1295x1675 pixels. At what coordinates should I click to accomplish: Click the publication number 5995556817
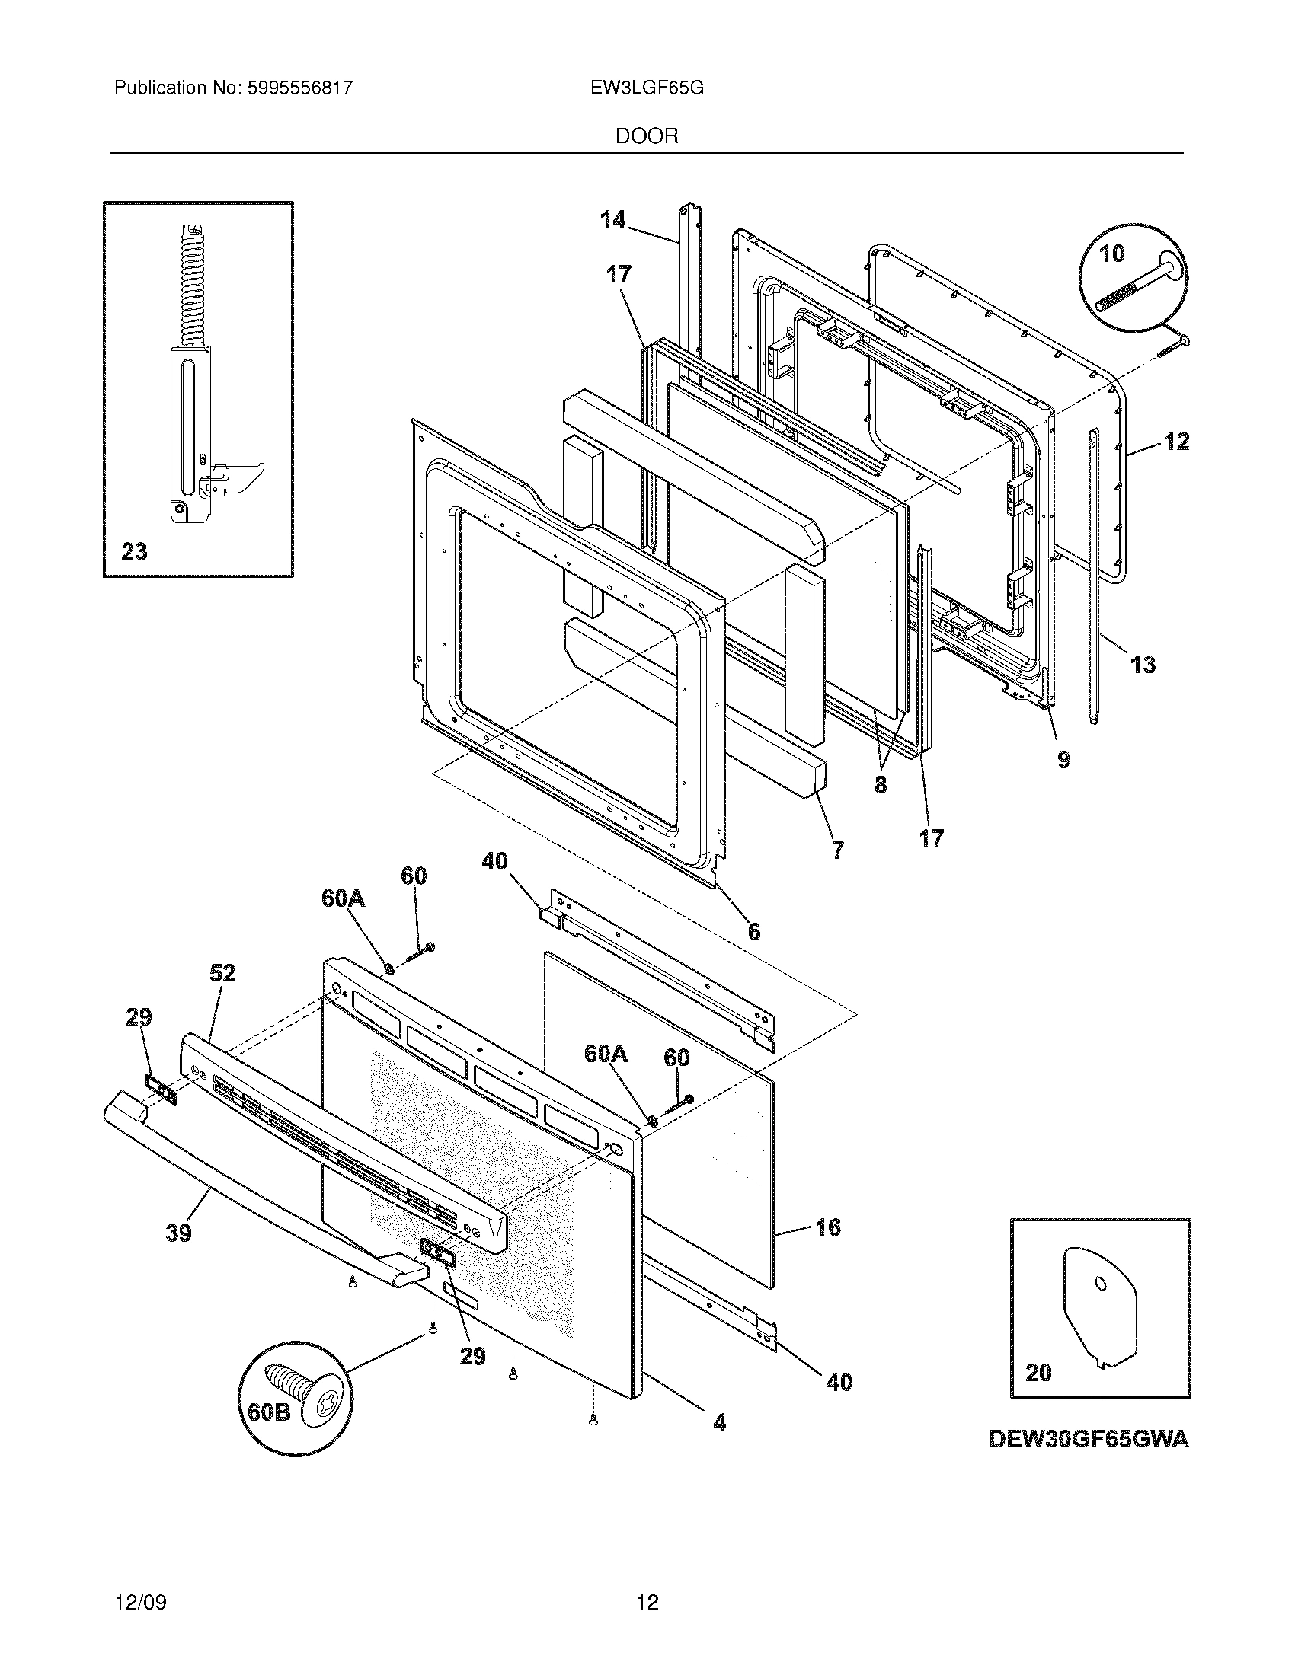tap(299, 88)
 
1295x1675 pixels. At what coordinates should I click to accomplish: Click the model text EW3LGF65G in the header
tap(647, 88)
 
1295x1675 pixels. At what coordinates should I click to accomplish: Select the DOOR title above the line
tap(647, 136)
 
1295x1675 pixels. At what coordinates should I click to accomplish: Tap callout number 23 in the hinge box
tap(134, 551)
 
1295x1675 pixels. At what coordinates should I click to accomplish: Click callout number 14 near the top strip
tap(612, 221)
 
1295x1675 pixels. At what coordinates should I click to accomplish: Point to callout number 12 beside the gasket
tap(1176, 442)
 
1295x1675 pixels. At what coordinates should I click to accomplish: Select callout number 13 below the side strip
tap(1143, 664)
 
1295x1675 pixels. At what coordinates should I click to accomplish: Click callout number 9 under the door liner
tap(1063, 760)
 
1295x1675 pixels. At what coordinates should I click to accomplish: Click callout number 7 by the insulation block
tap(837, 850)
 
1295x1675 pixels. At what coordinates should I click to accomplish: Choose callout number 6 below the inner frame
tap(754, 931)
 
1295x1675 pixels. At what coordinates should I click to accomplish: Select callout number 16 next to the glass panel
tap(828, 1227)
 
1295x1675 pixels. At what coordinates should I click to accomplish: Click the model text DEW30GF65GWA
tap(1089, 1440)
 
